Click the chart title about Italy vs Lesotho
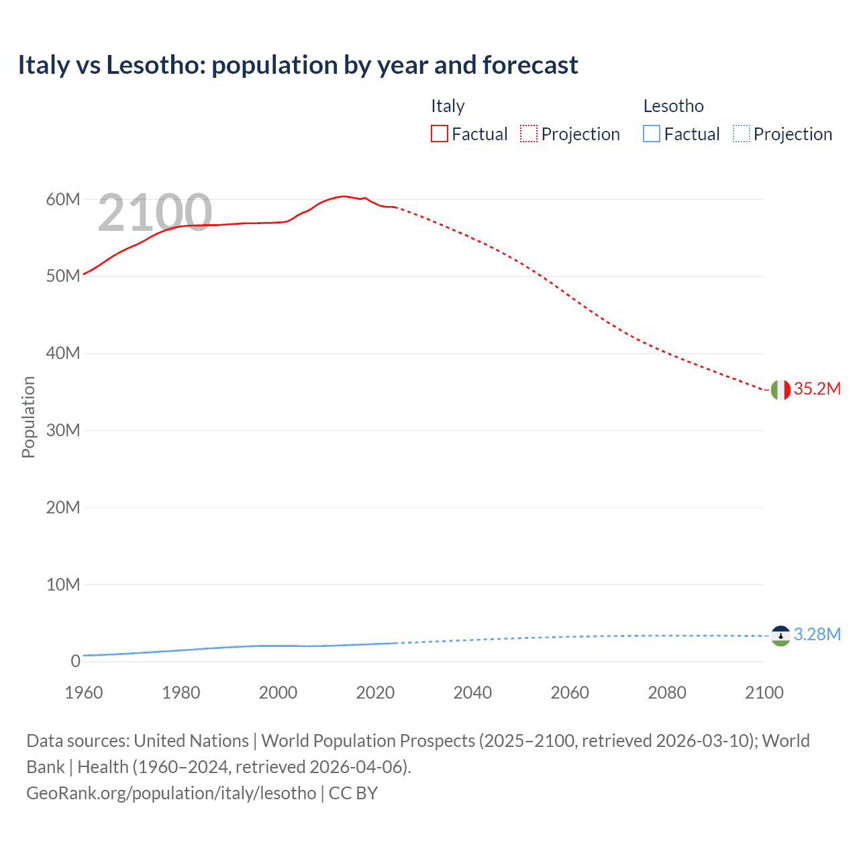coord(297,65)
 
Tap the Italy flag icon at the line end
coord(780,389)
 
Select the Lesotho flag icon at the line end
coord(780,635)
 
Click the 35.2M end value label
coord(817,389)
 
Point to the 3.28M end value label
coord(817,635)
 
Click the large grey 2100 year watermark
coord(155,213)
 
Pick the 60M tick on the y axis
coord(62,199)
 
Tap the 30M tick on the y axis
coord(62,430)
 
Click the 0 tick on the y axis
coord(75,661)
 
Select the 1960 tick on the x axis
coord(84,693)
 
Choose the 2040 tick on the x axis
coord(472,693)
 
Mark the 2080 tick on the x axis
coord(667,693)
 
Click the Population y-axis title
coord(28,417)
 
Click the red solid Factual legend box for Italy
coord(440,134)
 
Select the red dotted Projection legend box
coord(529,134)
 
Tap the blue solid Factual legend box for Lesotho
coord(652,134)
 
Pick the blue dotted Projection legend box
coord(741,134)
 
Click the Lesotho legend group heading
coord(673,106)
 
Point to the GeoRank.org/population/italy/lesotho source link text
coord(171,793)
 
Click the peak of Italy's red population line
coord(344,196)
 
